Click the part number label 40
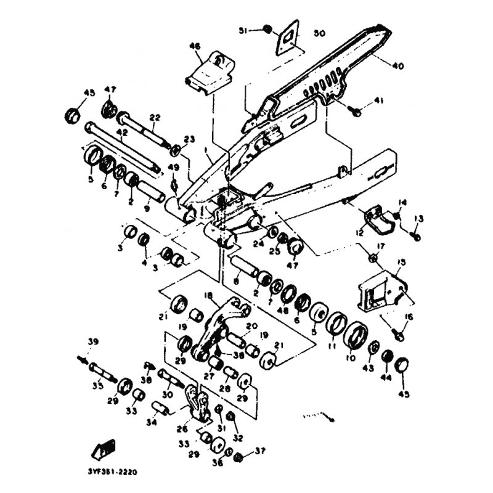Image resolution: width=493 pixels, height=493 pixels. click(x=398, y=65)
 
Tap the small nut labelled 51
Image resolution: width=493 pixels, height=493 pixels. click(x=267, y=29)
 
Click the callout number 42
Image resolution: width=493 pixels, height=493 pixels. click(x=121, y=132)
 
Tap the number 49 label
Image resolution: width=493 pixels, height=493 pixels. click(x=173, y=168)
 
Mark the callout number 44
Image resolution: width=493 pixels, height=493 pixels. click(x=387, y=376)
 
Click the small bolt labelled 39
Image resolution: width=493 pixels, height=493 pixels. click(x=81, y=359)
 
